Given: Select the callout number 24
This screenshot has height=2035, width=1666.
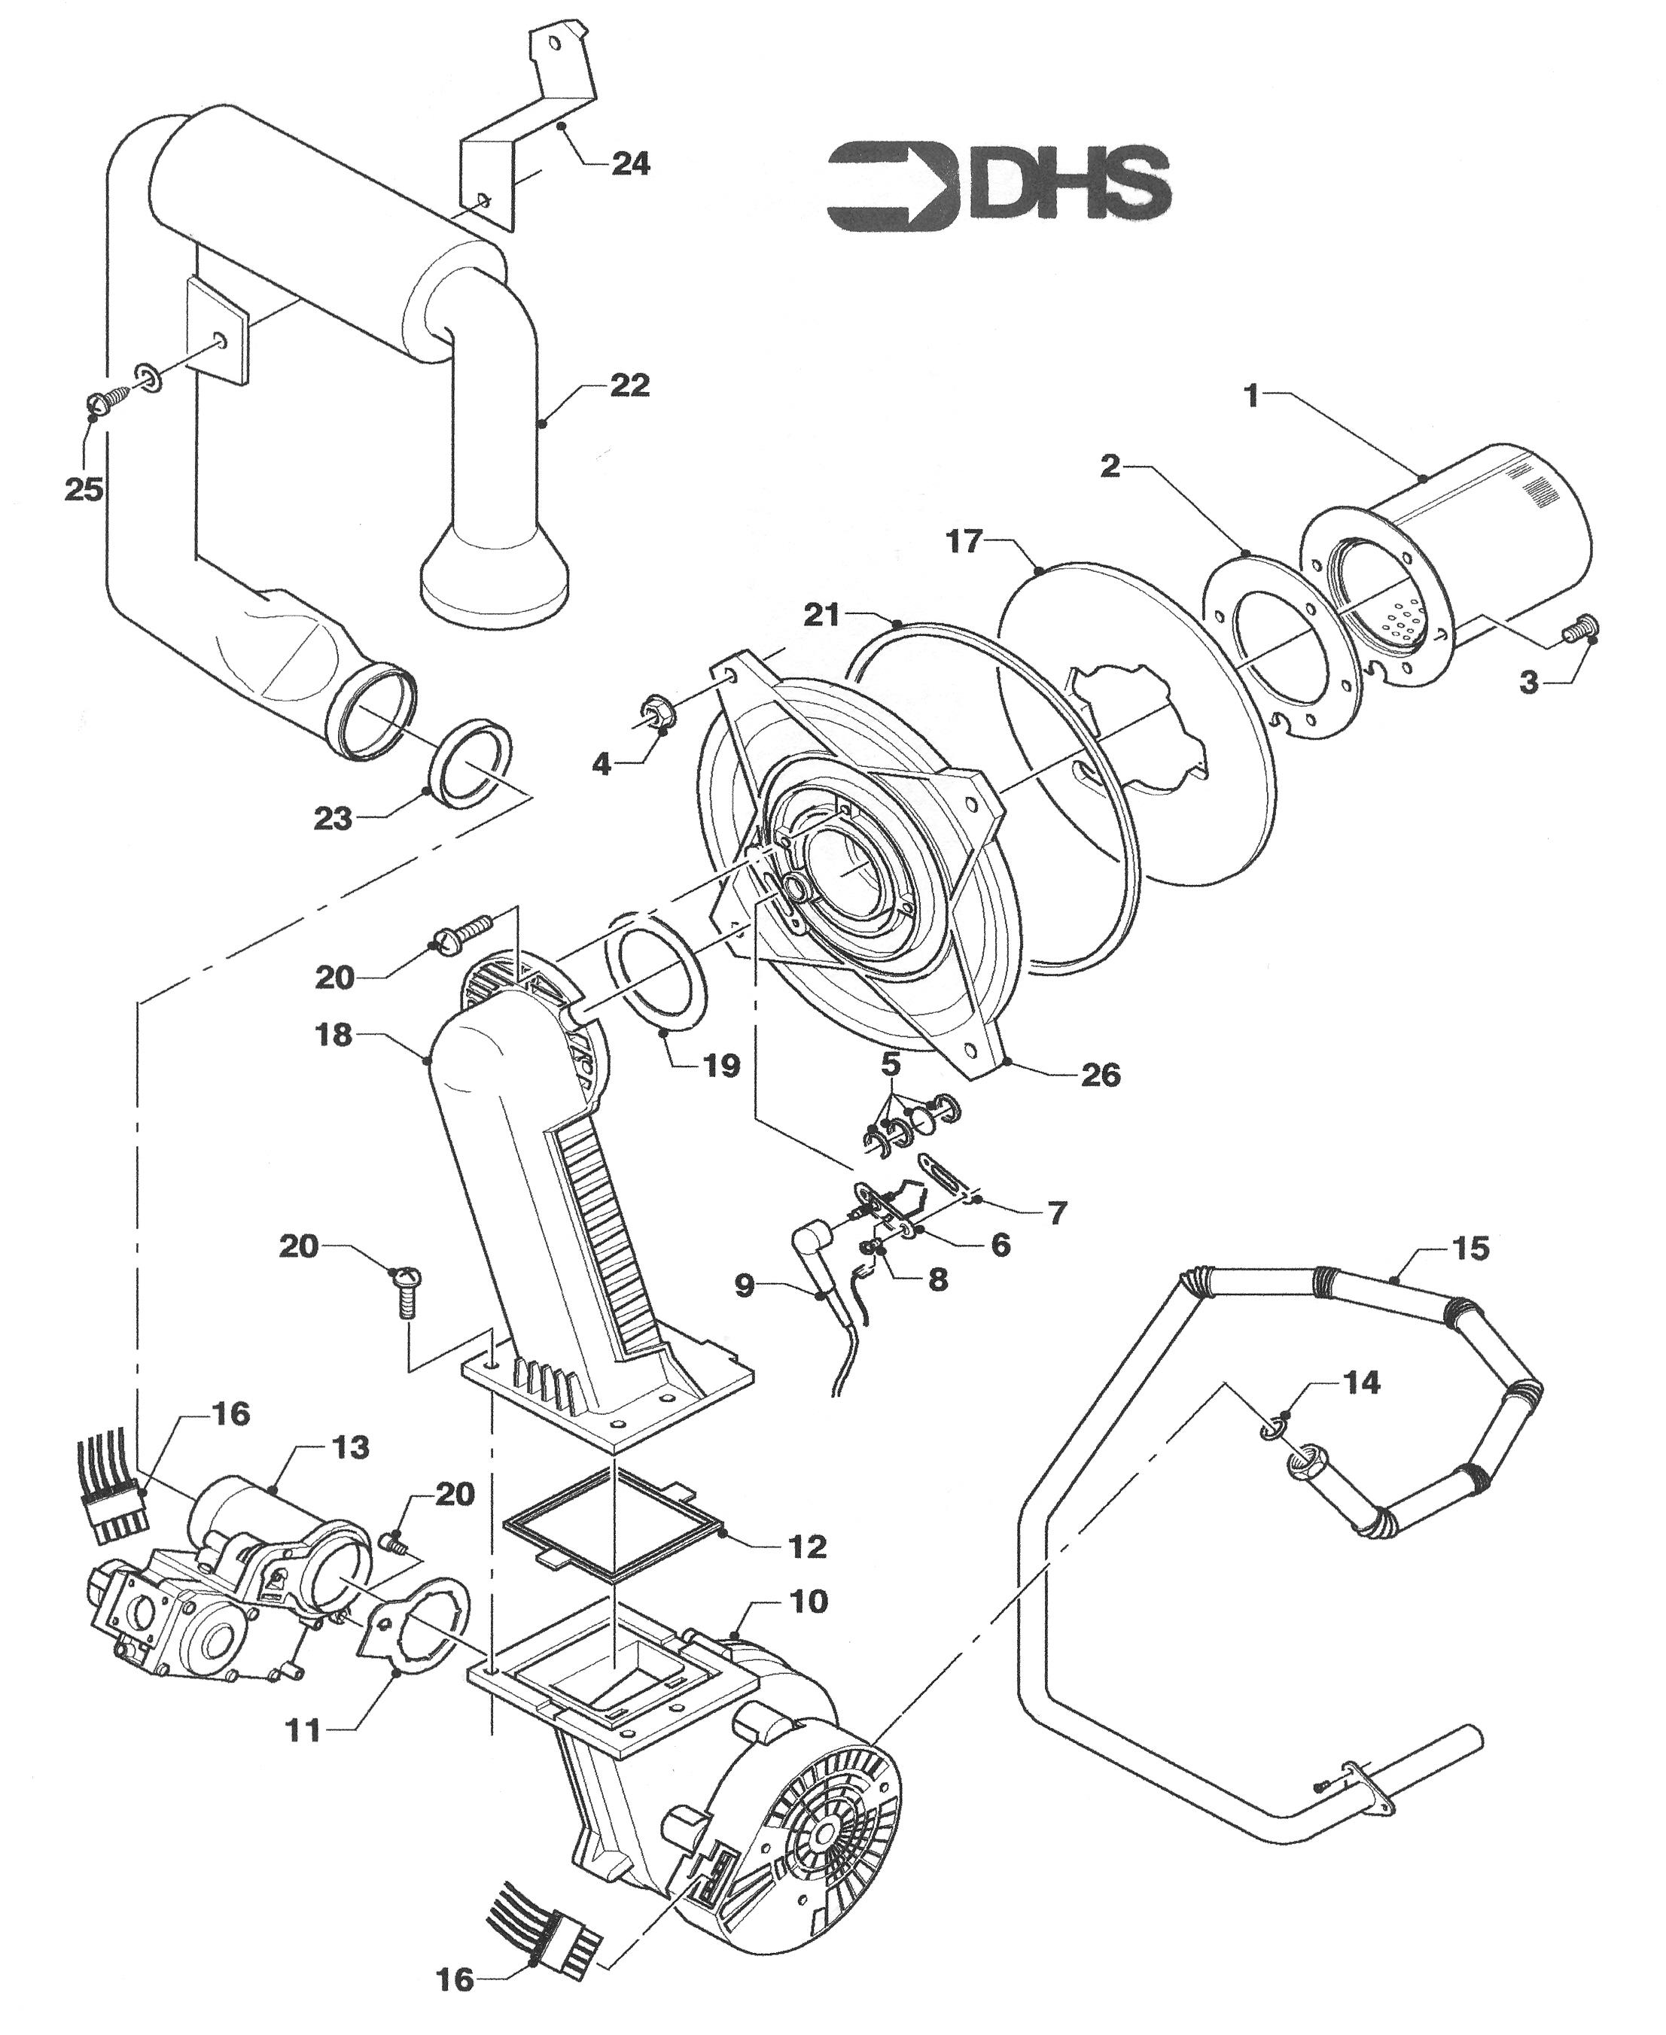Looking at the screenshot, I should pyautogui.click(x=629, y=164).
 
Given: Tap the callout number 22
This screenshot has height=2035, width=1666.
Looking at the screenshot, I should pyautogui.click(x=629, y=385).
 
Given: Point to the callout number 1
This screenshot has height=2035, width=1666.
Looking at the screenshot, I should pyautogui.click(x=1250, y=395).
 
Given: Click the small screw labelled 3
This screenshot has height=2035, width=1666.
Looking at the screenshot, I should pyautogui.click(x=1582, y=628).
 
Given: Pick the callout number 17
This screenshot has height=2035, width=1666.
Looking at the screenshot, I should pyautogui.click(x=964, y=542).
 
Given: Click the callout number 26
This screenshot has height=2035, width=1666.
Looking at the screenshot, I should pyautogui.click(x=1101, y=1075).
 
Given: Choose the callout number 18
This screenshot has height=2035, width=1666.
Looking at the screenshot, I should pyautogui.click(x=334, y=1036).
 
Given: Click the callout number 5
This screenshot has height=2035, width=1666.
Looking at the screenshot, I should pyautogui.click(x=890, y=1064).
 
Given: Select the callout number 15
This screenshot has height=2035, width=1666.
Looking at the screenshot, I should pyautogui.click(x=1470, y=1249).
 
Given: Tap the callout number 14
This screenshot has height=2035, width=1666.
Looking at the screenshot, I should pyautogui.click(x=1362, y=1383).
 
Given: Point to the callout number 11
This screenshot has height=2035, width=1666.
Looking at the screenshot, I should pyautogui.click(x=304, y=1730).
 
